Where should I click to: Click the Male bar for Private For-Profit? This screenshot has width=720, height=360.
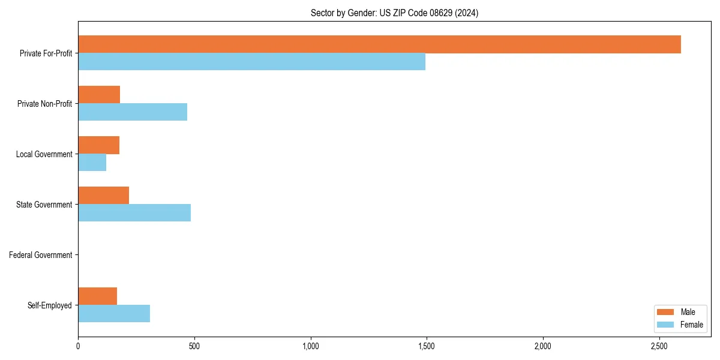(379, 44)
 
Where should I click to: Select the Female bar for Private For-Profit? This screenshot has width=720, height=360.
(251, 62)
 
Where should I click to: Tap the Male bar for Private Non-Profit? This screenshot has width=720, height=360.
(99, 95)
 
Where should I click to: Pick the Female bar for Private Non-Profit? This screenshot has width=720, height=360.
(133, 112)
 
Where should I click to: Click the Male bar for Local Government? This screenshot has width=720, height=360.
(98, 145)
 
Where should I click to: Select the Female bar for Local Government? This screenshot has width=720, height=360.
(92, 163)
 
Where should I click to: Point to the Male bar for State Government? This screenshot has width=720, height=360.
(103, 196)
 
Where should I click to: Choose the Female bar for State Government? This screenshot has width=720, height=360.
(134, 213)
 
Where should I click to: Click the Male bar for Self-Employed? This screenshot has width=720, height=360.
(97, 296)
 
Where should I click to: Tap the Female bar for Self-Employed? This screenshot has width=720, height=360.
(114, 314)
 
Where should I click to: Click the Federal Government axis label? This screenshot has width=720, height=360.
(41, 255)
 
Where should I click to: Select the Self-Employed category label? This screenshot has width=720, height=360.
(50, 305)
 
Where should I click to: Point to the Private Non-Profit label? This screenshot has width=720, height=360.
(44, 104)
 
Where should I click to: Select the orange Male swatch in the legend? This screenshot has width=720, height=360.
(665, 312)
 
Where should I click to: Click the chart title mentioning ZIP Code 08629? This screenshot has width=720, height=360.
(394, 13)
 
